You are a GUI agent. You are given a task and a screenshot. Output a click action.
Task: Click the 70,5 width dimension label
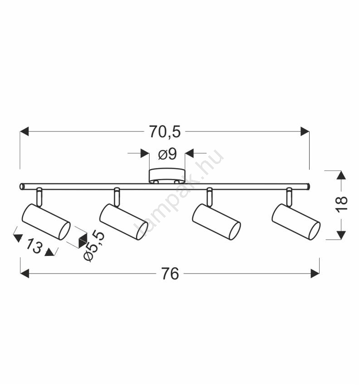click(x=165, y=132)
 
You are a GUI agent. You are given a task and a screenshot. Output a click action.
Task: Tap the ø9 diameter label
click(x=167, y=154)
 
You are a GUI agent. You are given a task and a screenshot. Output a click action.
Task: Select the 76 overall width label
click(x=170, y=274)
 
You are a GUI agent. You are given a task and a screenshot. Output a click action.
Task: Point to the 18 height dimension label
click(x=342, y=204)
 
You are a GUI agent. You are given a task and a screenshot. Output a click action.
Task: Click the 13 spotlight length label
click(x=34, y=246)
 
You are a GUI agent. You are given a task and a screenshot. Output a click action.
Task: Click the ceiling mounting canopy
click(x=166, y=176)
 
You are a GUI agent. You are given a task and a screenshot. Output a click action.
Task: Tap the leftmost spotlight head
click(x=46, y=222)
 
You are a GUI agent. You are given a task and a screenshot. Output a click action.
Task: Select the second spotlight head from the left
click(x=124, y=222)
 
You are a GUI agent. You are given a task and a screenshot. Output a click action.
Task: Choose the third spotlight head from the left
click(x=216, y=222)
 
